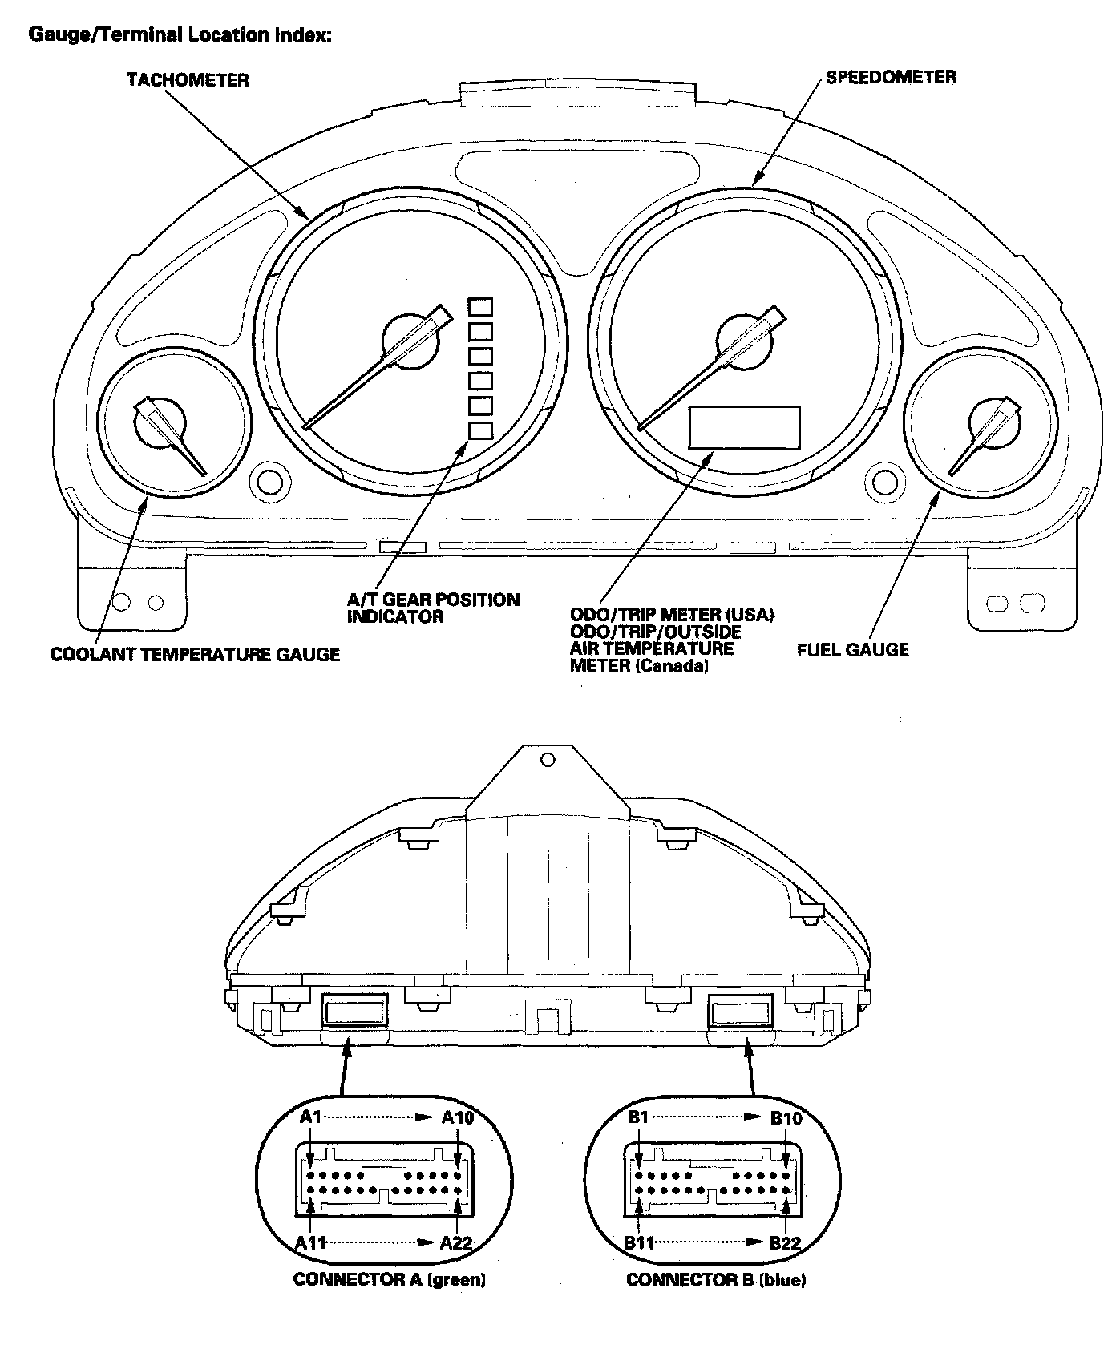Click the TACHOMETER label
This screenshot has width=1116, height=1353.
tap(188, 80)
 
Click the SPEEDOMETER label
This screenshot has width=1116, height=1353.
tap(891, 77)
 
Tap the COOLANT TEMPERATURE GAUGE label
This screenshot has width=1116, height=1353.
tap(195, 655)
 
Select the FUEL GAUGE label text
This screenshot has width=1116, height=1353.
tap(852, 650)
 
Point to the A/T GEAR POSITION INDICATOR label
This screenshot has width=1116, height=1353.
tap(433, 608)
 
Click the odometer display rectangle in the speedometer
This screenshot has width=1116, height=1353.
tap(744, 426)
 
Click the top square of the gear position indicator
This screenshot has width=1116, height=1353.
tap(480, 308)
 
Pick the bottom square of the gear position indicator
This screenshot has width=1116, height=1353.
tap(480, 430)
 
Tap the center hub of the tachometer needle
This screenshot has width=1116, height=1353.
tap(410, 341)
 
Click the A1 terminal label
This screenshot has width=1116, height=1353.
tap(310, 1117)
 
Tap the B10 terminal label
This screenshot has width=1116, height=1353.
tap(786, 1118)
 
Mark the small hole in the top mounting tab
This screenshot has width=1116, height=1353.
tap(548, 759)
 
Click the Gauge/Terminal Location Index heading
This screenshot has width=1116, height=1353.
tap(180, 35)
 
